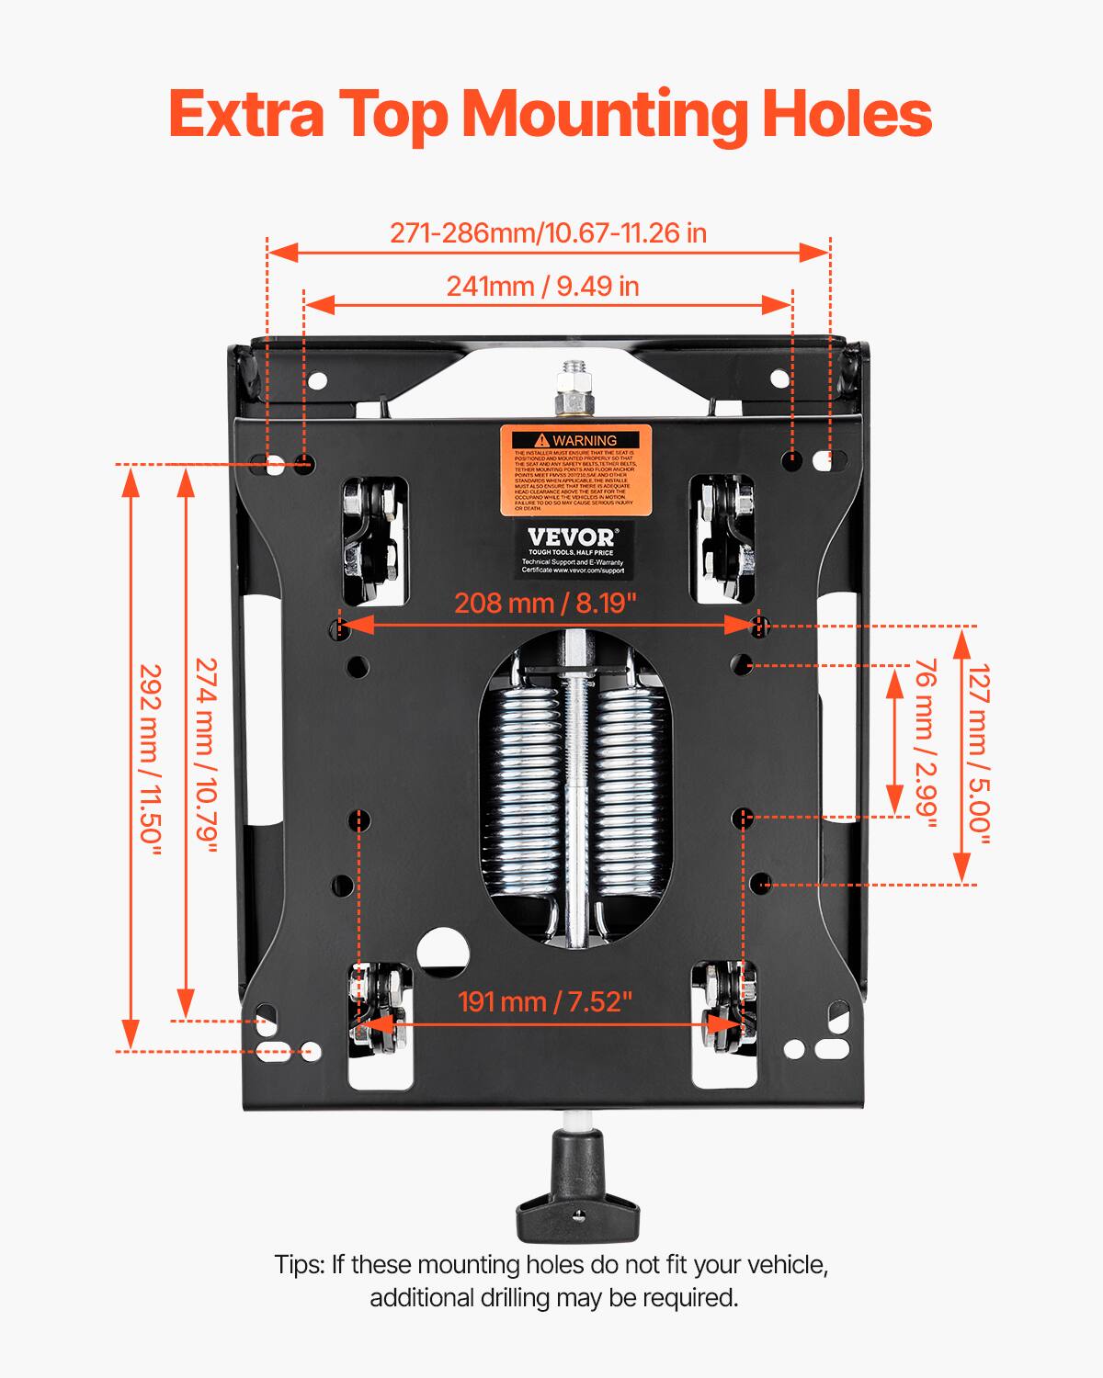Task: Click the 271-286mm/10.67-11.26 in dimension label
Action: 548,233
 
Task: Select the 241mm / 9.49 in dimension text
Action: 542,287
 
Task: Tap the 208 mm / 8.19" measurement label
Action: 546,604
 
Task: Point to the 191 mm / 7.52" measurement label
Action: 546,1001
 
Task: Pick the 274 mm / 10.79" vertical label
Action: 206,755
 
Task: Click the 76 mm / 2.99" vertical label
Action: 924,743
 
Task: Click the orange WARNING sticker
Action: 575,469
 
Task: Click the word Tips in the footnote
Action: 299,1265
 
